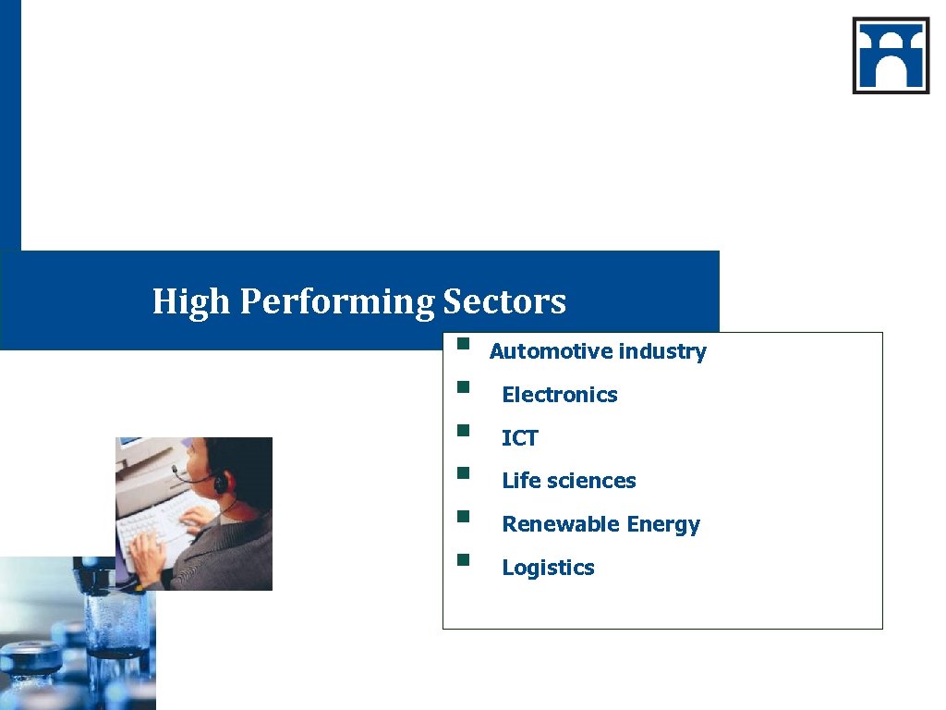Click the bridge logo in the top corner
(891, 55)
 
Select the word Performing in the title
(337, 302)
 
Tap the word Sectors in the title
(504, 301)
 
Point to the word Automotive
(551, 351)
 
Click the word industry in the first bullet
(662, 351)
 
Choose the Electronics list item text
(559, 395)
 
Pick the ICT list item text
(519, 438)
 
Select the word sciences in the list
(590, 481)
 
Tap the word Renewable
(561, 524)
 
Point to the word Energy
(663, 525)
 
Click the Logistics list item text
(548, 568)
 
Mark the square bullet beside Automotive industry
(464, 347)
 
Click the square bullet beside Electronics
(464, 386)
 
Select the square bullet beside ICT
(464, 430)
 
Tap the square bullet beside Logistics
(464, 558)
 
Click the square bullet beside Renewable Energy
(464, 516)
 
